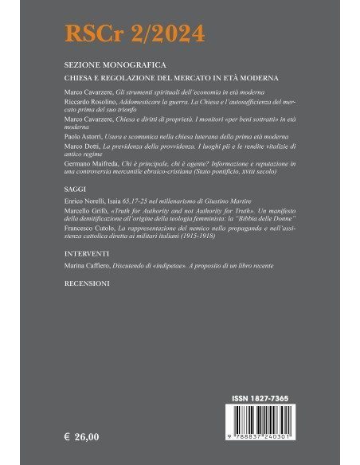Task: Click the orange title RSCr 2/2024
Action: [135, 33]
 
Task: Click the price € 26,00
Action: [81, 436]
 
